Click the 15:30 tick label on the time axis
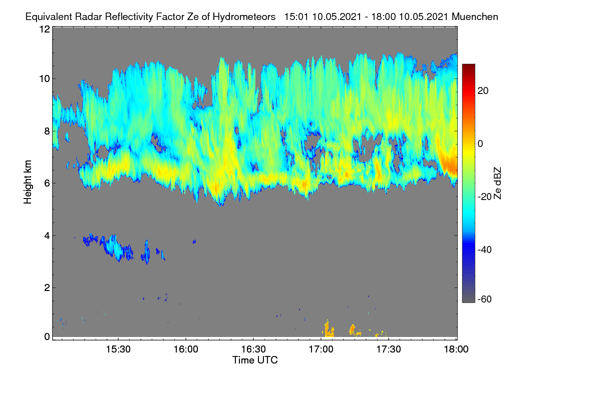pos(118,349)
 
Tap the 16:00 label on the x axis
pos(186,349)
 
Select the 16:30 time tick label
pos(253,349)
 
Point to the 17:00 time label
pos(321,349)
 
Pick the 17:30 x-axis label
pos(389,349)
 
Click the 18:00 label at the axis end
pos(456,349)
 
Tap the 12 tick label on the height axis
pos(45,29)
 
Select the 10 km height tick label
pos(45,79)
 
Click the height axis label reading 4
pos(47,236)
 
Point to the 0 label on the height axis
pos(47,336)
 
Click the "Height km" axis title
pos(28,182)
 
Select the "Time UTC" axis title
pos(255,360)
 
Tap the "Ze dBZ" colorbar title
pos(497,183)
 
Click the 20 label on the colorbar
pos(483,91)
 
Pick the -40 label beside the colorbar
pos(485,249)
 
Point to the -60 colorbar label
pos(485,299)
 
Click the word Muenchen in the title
pos(475,16)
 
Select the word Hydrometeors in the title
pos(244,17)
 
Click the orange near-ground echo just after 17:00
pos(328,329)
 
